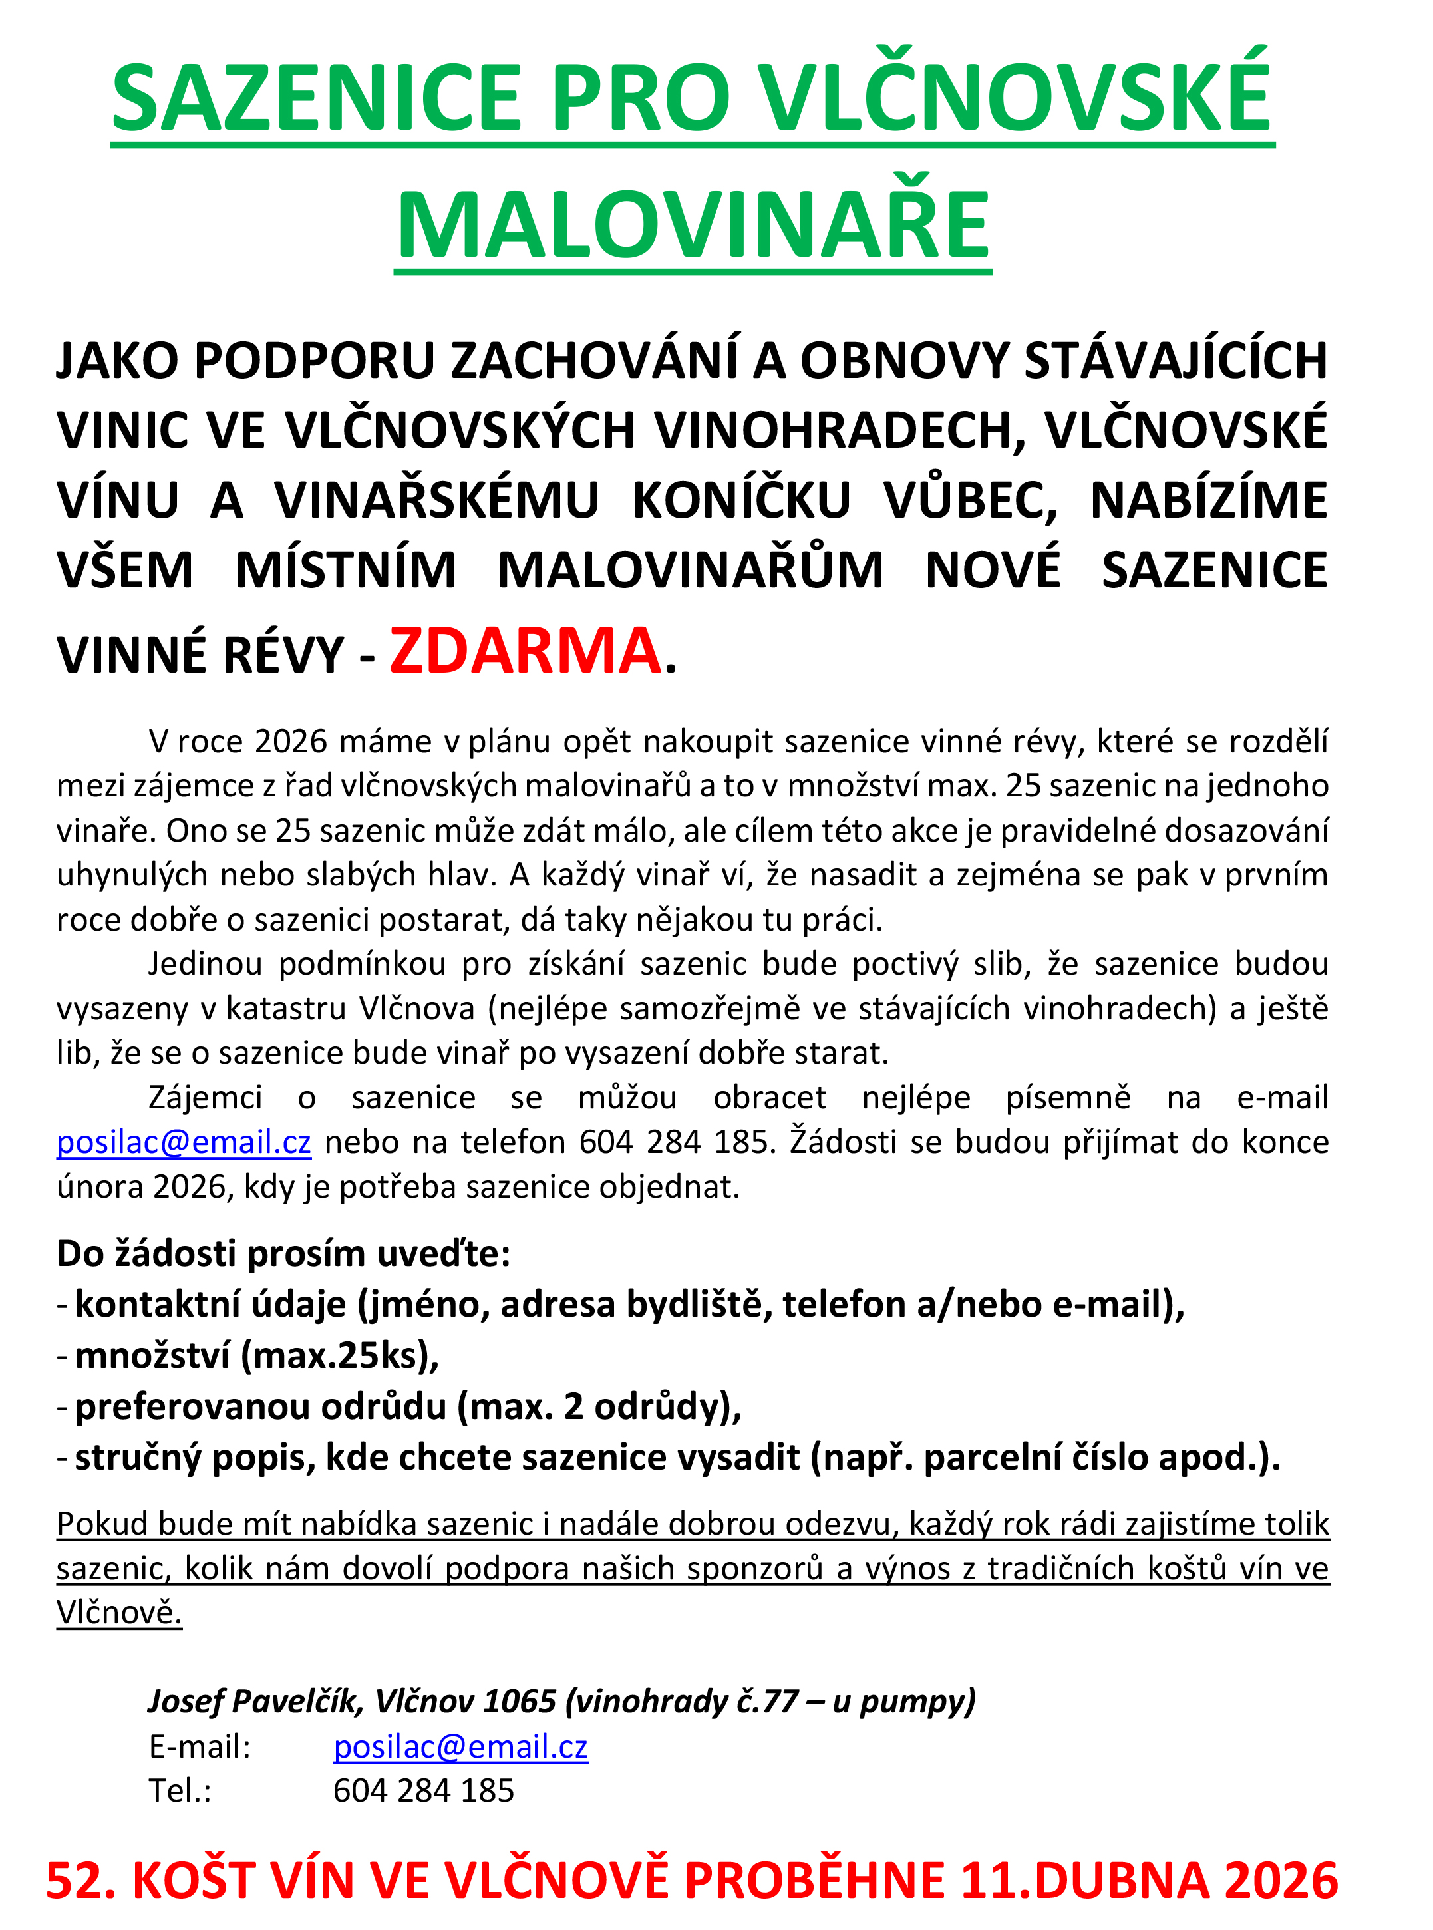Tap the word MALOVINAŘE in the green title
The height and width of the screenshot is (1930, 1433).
(693, 225)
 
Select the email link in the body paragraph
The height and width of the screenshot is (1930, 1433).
(184, 1142)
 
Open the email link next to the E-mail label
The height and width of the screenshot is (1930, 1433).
(460, 1746)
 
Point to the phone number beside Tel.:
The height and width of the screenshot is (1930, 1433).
(423, 1790)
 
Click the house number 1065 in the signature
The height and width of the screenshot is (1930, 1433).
(519, 1701)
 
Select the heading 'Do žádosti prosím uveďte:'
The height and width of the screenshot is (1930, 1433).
(283, 1253)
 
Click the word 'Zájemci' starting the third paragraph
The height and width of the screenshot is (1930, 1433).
(206, 1097)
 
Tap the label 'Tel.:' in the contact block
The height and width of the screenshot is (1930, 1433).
(180, 1790)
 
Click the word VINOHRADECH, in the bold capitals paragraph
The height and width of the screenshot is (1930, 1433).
(840, 430)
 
